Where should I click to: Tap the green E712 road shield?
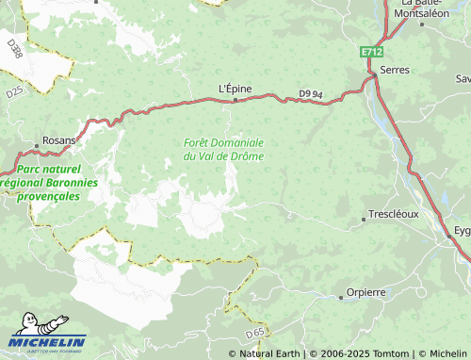point(372,55)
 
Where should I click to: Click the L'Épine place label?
point(235,89)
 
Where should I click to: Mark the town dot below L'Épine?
point(235,99)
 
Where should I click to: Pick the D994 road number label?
point(310,93)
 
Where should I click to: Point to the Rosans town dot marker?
point(37,145)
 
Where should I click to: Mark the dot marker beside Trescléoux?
point(364,220)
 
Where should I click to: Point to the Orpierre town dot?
point(341,297)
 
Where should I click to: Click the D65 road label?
point(254,334)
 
